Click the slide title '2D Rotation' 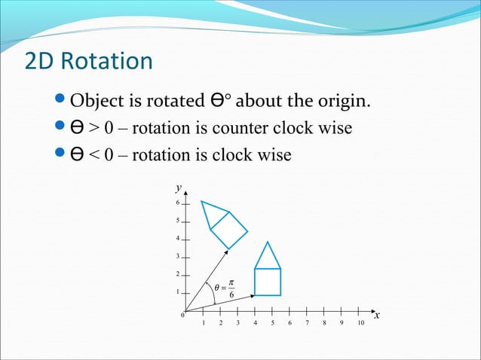tap(88, 61)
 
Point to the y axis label tap(179, 187)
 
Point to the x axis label tap(377, 315)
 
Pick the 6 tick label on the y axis tap(178, 203)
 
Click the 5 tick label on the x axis tap(272, 323)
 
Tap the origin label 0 tap(181, 316)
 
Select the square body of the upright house tap(268, 282)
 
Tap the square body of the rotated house tap(228, 229)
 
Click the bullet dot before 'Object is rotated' tap(63, 100)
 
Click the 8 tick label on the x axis tap(324, 323)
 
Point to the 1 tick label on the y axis tap(178, 292)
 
